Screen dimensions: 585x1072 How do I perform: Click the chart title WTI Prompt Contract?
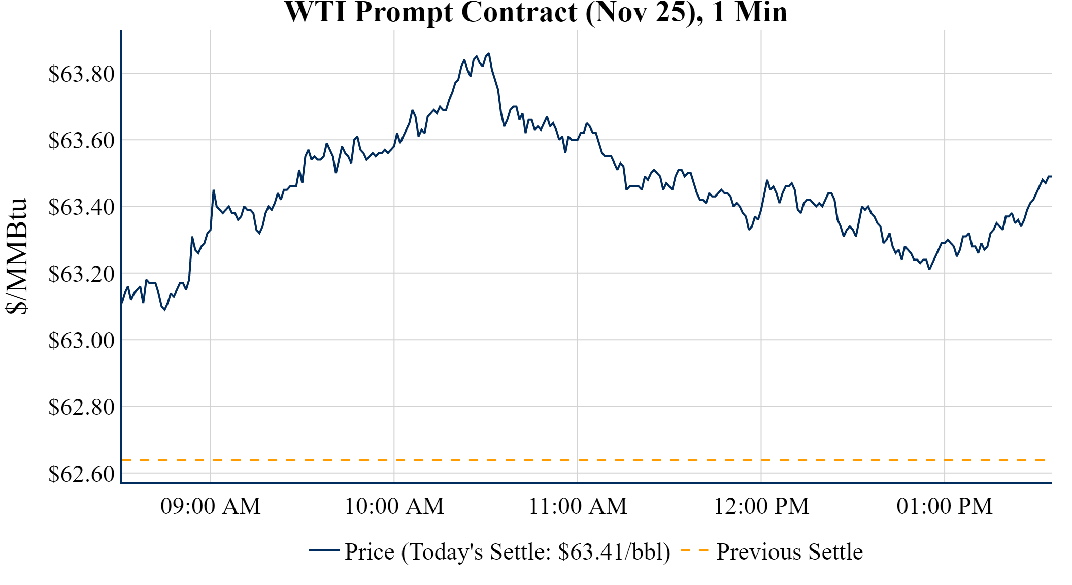(x=535, y=12)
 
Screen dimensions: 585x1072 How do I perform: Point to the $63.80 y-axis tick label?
(x=81, y=74)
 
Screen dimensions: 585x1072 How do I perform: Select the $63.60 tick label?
(x=81, y=141)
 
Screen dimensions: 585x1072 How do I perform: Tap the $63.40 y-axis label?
(x=81, y=207)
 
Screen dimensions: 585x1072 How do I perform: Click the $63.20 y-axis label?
(x=81, y=274)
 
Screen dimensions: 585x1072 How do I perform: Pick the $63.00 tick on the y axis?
(x=81, y=341)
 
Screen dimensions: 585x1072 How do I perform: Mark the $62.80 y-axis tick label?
(x=81, y=407)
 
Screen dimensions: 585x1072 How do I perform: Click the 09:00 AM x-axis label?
(x=211, y=506)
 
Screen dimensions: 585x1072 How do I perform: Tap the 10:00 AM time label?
(x=394, y=506)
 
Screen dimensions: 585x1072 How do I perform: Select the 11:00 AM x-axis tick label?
(x=578, y=506)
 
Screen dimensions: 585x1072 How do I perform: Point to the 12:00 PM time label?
(x=761, y=506)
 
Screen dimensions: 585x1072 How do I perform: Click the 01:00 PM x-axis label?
(x=945, y=506)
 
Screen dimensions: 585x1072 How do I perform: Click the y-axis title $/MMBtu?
(x=16, y=256)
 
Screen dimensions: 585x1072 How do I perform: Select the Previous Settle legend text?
(x=789, y=552)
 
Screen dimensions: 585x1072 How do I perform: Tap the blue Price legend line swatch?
(x=324, y=550)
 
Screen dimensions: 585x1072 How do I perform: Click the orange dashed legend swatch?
(x=694, y=550)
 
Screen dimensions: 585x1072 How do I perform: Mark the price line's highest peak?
(x=488, y=53)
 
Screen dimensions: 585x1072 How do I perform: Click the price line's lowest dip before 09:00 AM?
(x=164, y=310)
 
